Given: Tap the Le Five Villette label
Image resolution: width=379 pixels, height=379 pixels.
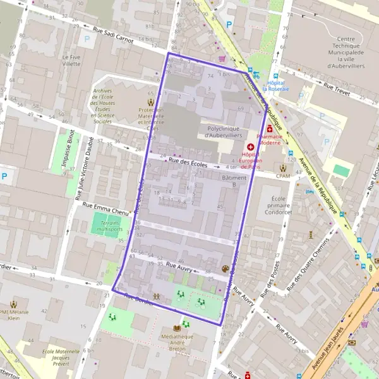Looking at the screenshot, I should click(71, 60).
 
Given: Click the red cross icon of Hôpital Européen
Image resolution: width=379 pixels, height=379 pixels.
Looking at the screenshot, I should click(250, 147).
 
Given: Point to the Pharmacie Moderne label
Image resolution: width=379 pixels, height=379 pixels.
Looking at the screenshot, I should click(269, 139).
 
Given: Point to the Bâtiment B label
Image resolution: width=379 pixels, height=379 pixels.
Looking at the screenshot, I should click(234, 181).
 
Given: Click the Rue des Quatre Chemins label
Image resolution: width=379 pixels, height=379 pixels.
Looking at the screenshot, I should click(308, 265).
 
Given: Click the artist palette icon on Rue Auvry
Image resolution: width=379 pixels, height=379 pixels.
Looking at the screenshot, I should click(226, 269).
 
